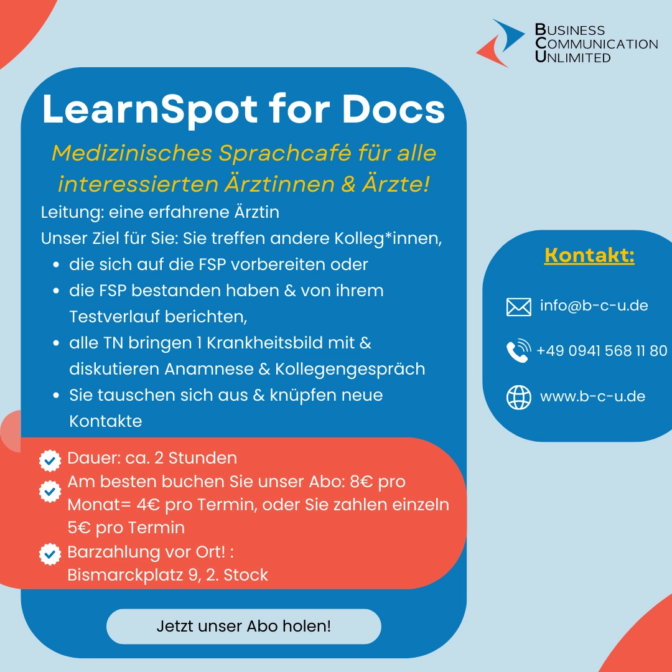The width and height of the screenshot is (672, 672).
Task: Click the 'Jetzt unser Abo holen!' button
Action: pos(243,626)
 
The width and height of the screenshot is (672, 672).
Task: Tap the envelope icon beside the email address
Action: pos(518,307)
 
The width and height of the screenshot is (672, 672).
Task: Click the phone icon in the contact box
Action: pos(518,350)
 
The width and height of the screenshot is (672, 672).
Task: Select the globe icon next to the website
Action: pos(518,397)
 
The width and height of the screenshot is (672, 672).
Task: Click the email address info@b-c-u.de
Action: pos(594,306)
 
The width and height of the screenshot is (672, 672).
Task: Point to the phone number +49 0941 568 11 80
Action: pos(602,350)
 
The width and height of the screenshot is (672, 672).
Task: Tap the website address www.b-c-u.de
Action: pos(593,396)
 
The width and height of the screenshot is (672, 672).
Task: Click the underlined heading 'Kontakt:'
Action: pos(589,256)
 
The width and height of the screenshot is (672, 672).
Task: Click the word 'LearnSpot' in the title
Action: pos(150,110)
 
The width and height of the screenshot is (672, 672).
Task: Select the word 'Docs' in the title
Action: pos(393,109)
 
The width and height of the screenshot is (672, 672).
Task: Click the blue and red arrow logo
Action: pos(500,44)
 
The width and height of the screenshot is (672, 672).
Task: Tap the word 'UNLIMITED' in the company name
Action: pos(572,57)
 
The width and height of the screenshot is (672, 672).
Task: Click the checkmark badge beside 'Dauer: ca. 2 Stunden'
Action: pos(50,460)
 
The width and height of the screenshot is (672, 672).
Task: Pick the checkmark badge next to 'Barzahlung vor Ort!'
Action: pos(50,554)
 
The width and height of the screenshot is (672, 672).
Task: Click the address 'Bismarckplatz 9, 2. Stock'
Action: pos(167,575)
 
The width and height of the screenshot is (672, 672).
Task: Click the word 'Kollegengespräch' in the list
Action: pos(350,369)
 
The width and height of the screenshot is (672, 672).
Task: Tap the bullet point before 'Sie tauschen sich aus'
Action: pos(56,395)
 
